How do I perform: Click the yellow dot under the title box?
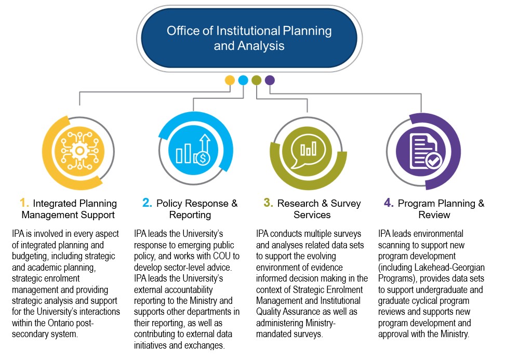tap(230, 81)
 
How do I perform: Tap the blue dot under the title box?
tap(243, 81)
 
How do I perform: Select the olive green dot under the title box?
tap(256, 81)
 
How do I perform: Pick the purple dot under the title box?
tap(270, 81)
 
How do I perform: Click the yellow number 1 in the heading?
tap(23, 203)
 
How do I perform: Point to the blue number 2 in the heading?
tap(147, 203)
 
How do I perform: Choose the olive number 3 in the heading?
tap(268, 203)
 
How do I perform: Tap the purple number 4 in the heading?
tap(389, 203)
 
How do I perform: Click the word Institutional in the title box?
tap(249, 31)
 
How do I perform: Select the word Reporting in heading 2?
tap(190, 215)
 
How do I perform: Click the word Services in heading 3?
tap(312, 215)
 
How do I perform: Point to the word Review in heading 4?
tap(434, 215)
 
